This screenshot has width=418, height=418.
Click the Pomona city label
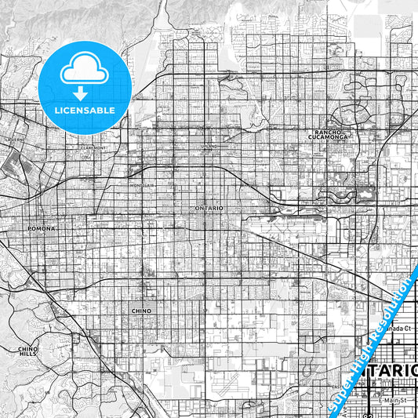pyautogui.click(x=43, y=228)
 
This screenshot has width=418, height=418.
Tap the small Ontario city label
pyautogui.click(x=209, y=207)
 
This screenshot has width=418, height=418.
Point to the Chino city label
pyautogui.click(x=141, y=311)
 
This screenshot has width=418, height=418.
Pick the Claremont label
pyautogui.click(x=93, y=147)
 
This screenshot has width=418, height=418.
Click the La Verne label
pyautogui.click(x=11, y=139)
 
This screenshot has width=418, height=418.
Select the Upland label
pyautogui.click(x=209, y=147)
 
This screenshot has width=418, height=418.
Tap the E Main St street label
pyautogui.click(x=390, y=401)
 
